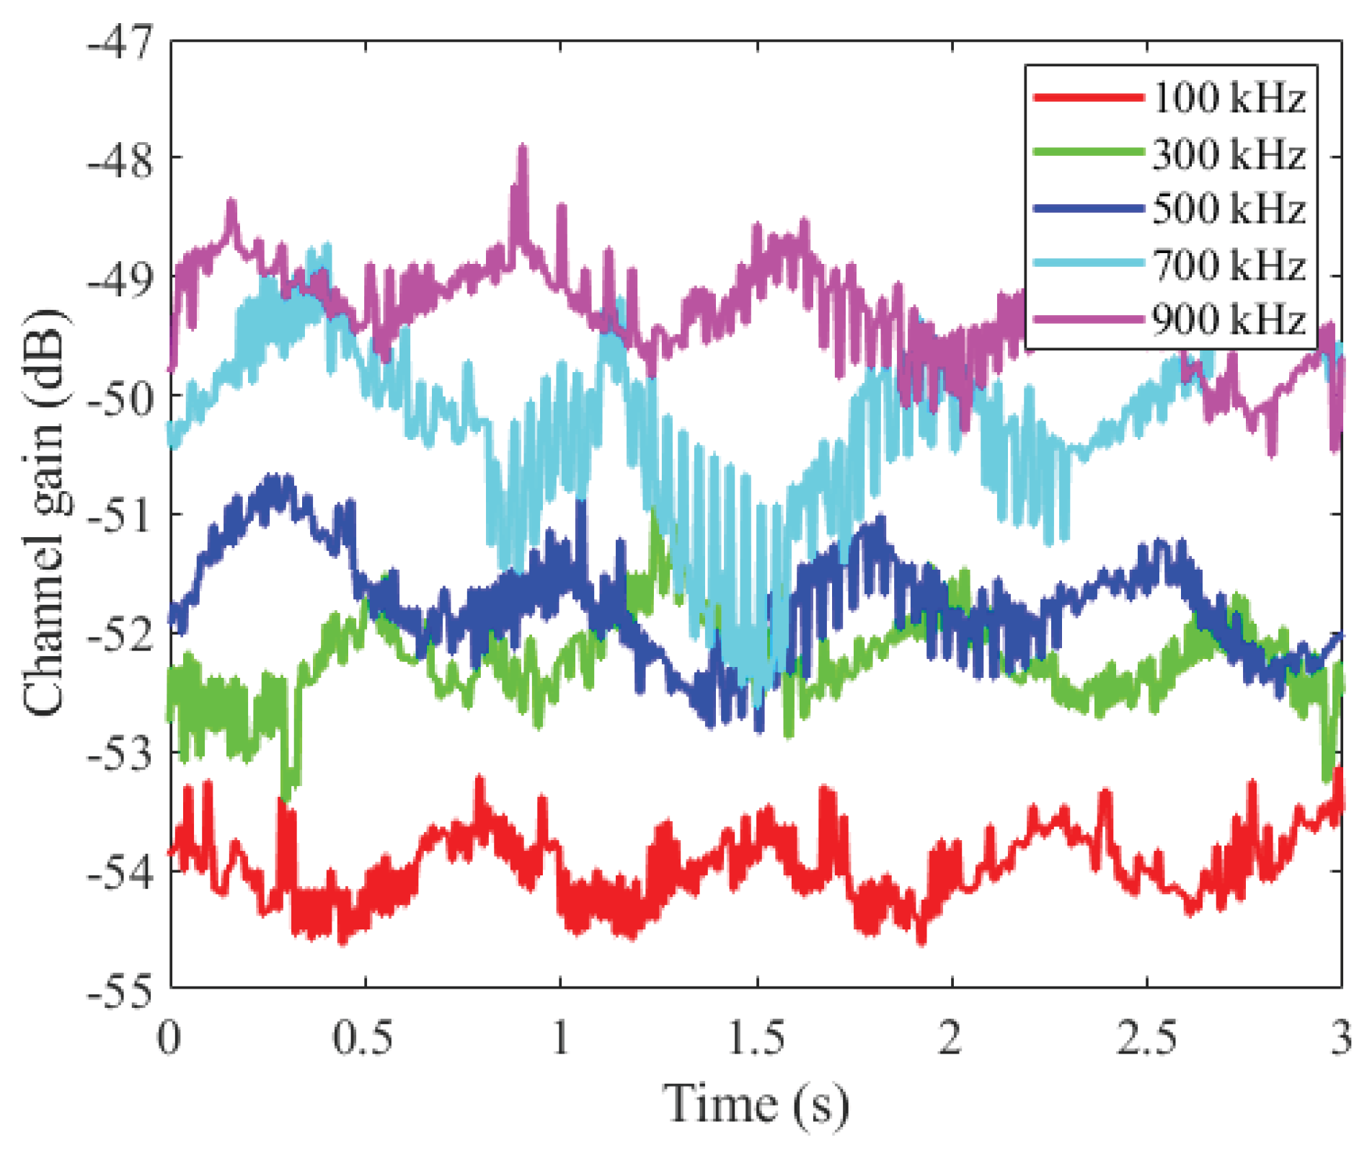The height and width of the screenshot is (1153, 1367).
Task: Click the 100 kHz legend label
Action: pos(1229,97)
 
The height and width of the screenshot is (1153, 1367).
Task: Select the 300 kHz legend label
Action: pos(1229,154)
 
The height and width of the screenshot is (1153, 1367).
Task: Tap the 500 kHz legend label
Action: pos(1229,209)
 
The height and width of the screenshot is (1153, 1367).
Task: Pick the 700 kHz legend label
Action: pos(1229,265)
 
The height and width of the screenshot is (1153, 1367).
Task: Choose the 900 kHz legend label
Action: pos(1229,319)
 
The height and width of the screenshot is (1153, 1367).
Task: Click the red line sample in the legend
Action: pos(1089,97)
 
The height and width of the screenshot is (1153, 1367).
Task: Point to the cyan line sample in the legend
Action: pos(1089,263)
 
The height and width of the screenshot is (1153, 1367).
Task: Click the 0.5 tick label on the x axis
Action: pos(363,1038)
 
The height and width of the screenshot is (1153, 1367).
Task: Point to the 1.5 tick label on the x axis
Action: pos(756,1038)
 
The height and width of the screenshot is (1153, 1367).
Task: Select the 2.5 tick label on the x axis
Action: pos(1146,1038)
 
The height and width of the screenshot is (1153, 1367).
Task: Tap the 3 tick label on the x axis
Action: pos(1340,1038)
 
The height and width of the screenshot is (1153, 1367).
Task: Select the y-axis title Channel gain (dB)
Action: pos(45,512)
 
